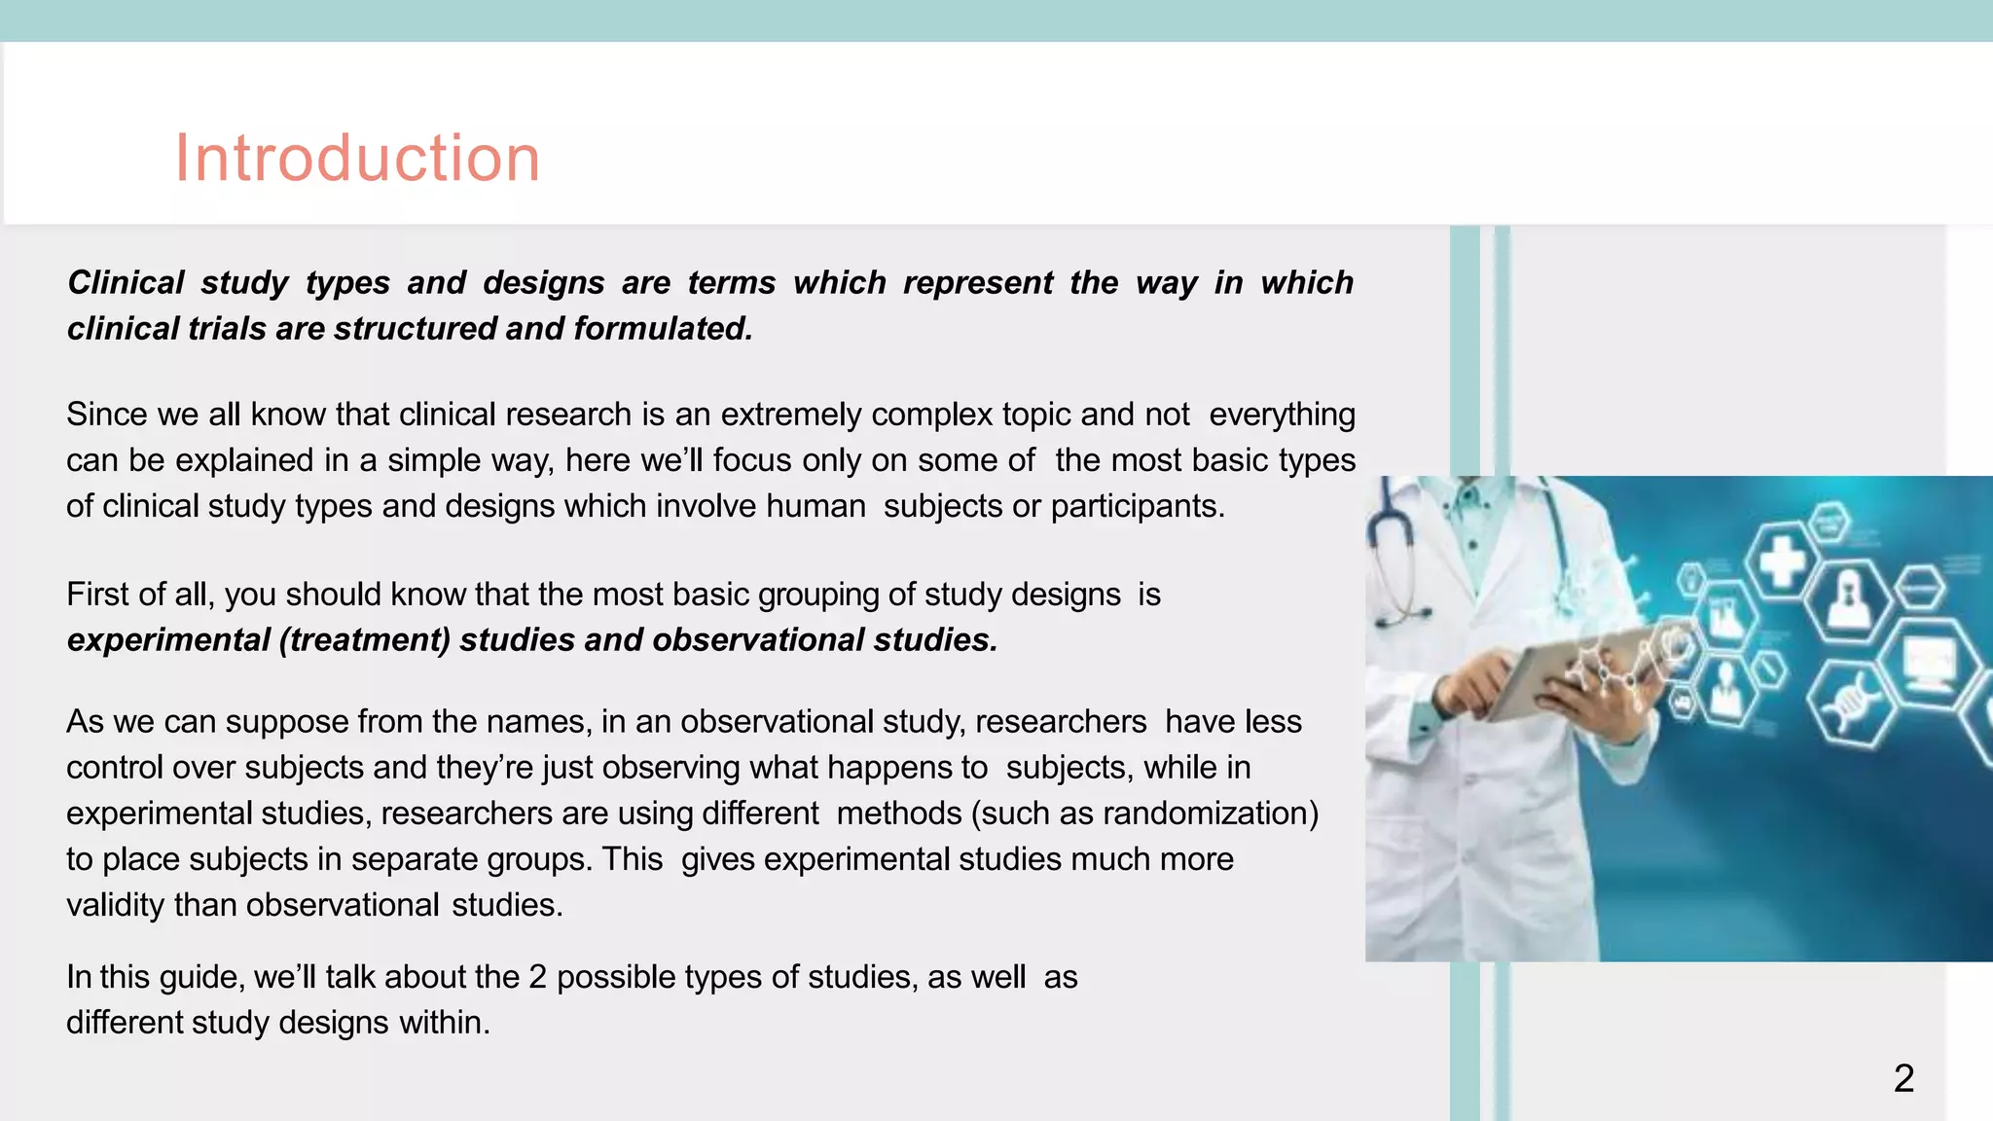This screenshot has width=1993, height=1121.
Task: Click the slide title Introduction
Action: [357, 158]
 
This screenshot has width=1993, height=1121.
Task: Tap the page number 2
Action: [1903, 1078]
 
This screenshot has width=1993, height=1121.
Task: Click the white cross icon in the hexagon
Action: [1782, 562]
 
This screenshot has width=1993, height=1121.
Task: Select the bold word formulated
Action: [663, 329]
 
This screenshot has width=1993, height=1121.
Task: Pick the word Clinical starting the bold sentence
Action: [126, 283]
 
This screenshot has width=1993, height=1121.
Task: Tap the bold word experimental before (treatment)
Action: [168, 640]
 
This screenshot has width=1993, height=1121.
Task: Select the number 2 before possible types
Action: [537, 977]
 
